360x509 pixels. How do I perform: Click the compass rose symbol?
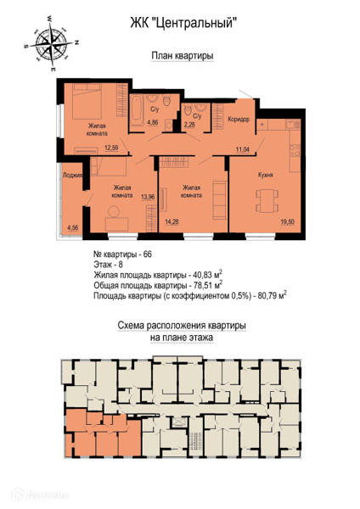point(52,42)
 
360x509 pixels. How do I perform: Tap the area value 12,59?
point(111,148)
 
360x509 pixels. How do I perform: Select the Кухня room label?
point(266,175)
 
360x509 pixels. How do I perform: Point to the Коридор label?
point(239,119)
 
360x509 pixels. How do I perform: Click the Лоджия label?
point(72,176)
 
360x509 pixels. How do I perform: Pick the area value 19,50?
point(288,222)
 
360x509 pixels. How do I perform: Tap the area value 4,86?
point(153,122)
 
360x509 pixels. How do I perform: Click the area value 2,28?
point(189,124)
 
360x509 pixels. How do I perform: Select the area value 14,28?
point(172,222)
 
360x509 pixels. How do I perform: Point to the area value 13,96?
point(148,197)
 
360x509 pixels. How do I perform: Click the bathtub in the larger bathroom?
point(137,110)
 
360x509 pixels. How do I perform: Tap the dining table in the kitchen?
point(267,201)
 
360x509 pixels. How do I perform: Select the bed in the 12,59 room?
point(87,101)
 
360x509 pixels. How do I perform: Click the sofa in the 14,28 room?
point(220,200)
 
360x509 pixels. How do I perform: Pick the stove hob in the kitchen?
point(295,151)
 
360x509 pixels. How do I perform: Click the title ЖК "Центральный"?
point(182,24)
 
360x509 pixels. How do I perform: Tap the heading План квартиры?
point(183,56)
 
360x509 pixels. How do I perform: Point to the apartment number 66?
point(147,255)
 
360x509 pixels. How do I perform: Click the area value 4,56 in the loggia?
point(72,227)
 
